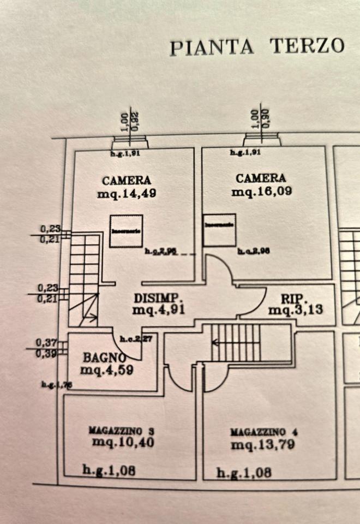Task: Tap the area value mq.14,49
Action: pyautogui.click(x=126, y=194)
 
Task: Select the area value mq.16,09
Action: pyautogui.click(x=262, y=192)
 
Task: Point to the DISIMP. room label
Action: pyautogui.click(x=158, y=299)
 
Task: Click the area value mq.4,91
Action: pyautogui.click(x=159, y=309)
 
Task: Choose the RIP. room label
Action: pyautogui.click(x=295, y=299)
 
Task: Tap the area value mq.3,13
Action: pyautogui.click(x=296, y=310)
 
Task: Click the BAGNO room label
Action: pyautogui.click(x=105, y=358)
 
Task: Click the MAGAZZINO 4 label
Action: pyautogui.click(x=263, y=432)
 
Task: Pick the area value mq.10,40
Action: pyautogui.click(x=123, y=443)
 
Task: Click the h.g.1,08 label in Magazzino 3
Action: pyautogui.click(x=109, y=469)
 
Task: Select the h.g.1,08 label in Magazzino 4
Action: pyautogui.click(x=244, y=473)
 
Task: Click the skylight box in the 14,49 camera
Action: pyautogui.click(x=126, y=231)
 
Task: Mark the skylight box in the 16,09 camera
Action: pyautogui.click(x=219, y=229)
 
